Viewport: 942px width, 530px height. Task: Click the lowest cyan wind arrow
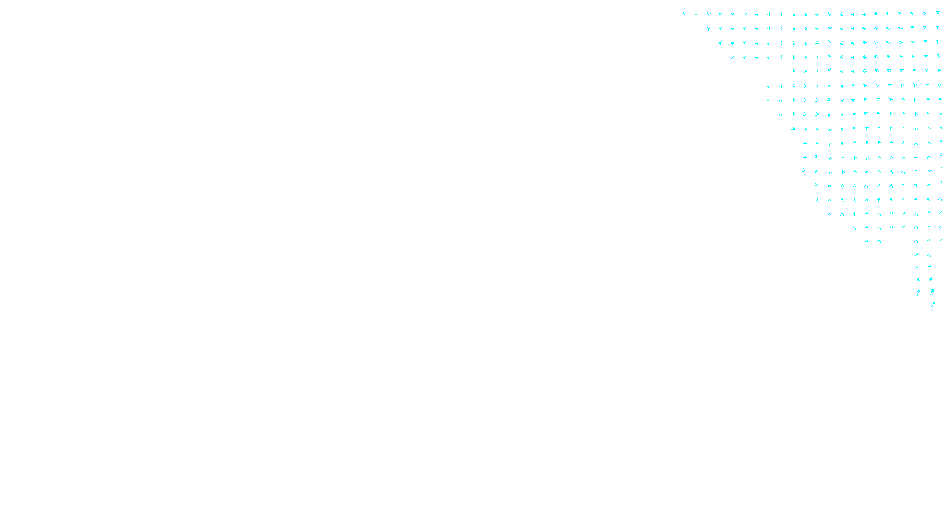coord(933,305)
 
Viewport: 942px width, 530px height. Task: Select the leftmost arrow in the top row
coord(684,14)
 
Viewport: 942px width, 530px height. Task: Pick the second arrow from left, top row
coord(696,14)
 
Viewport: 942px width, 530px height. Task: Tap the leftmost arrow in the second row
coord(708,28)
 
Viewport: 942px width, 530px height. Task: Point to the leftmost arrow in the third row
coord(720,42)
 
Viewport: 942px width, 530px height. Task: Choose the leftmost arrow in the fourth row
coord(732,57)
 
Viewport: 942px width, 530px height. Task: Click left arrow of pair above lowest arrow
coord(918,292)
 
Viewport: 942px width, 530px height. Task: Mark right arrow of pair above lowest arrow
coord(931,291)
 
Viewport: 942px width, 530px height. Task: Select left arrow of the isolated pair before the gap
coord(867,241)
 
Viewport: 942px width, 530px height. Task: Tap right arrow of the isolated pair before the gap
coord(879,241)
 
